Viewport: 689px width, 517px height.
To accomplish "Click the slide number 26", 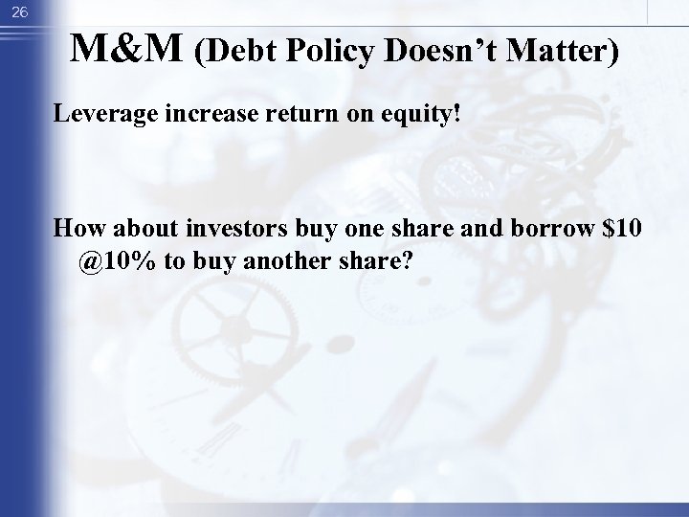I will click(x=18, y=11).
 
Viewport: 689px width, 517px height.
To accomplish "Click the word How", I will click(x=76, y=230).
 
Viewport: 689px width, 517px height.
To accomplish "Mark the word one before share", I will click(x=382, y=230).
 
